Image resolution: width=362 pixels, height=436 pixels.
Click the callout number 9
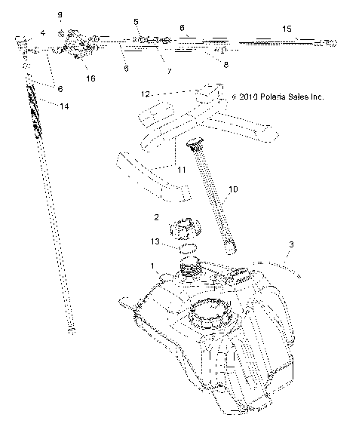(61, 14)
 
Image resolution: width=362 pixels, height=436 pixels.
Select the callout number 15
(287, 28)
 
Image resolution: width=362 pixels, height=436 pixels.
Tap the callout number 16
(91, 78)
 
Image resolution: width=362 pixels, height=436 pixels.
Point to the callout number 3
(290, 245)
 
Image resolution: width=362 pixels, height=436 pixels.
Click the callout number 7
(169, 71)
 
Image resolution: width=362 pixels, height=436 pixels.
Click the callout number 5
(137, 22)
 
